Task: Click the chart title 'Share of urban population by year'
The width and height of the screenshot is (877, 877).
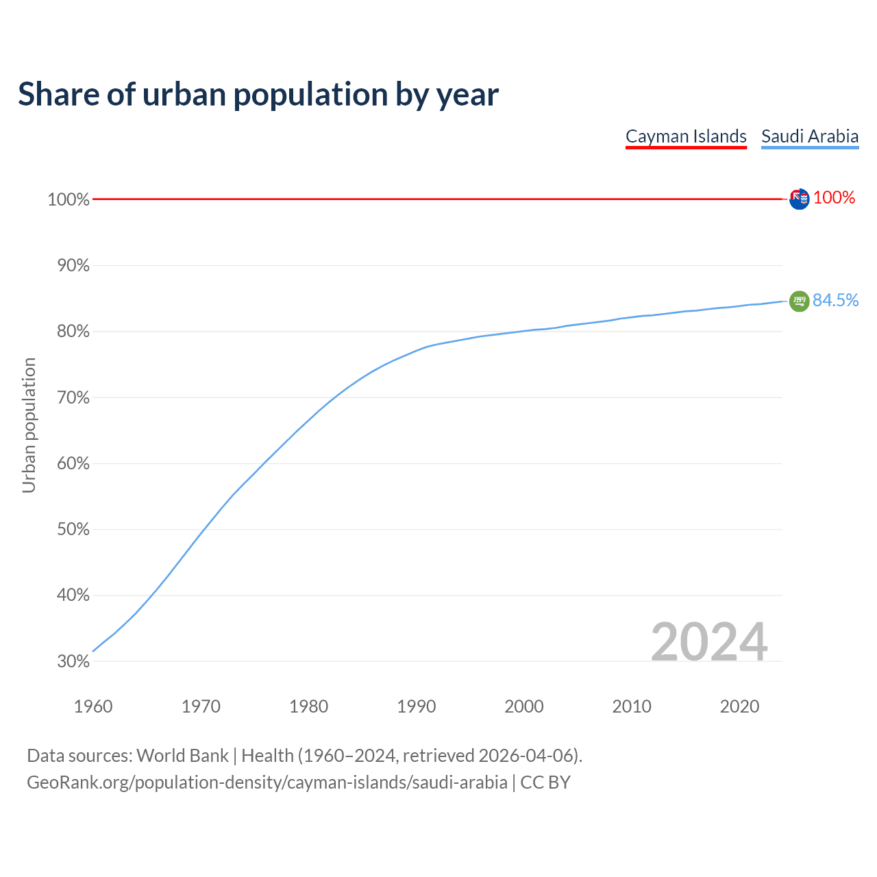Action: [x=258, y=95]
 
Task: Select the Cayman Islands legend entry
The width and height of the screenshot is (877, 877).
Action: [x=686, y=136]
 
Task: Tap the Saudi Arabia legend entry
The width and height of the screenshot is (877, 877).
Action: [x=810, y=136]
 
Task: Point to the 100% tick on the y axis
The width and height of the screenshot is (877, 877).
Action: [x=69, y=199]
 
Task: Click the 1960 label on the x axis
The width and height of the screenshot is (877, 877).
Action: [x=93, y=706]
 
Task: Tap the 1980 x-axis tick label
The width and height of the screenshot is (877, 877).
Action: [x=309, y=706]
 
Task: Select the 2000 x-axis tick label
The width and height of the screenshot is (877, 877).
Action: [x=524, y=706]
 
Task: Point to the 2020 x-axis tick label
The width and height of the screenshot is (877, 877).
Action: [x=739, y=706]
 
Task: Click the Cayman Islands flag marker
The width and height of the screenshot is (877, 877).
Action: [x=799, y=199]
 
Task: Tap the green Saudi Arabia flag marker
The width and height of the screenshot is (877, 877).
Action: [x=799, y=301]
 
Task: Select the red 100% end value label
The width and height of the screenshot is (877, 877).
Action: [x=834, y=198]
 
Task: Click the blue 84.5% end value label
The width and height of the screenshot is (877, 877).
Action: [x=835, y=301]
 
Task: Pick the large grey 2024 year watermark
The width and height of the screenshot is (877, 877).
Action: [x=708, y=642]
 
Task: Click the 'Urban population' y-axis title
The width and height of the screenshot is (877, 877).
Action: [x=29, y=425]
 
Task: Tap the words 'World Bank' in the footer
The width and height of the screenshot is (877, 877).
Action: [x=182, y=756]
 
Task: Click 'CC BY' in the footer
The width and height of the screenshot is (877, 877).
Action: [x=545, y=782]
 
